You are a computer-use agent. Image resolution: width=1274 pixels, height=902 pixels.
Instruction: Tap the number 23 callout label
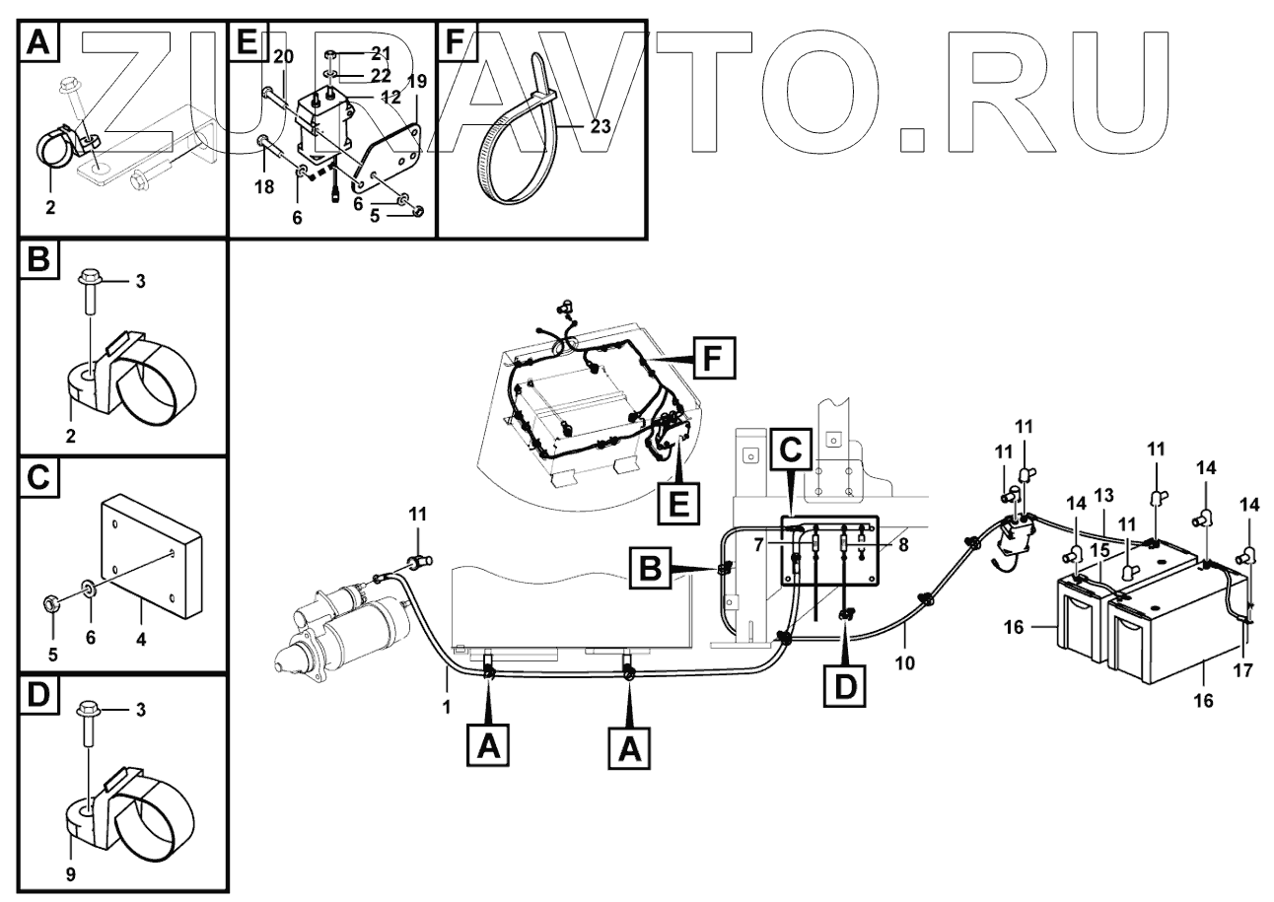pos(601,126)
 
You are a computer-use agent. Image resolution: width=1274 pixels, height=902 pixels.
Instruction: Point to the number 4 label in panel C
pos(142,638)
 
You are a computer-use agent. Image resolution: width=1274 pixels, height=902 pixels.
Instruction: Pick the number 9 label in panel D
pos(70,872)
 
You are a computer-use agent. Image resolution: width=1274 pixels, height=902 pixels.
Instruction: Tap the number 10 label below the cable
pos(905,663)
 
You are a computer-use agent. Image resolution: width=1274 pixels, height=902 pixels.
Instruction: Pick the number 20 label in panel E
pos(283,57)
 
